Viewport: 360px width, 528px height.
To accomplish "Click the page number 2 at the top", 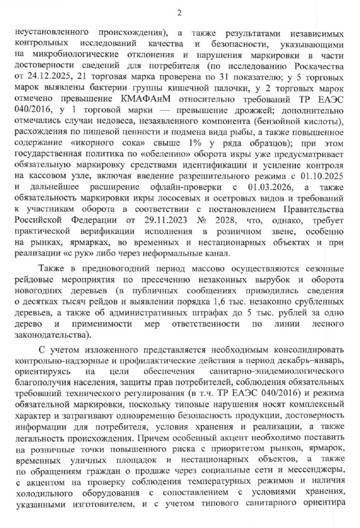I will click(x=180, y=13).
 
